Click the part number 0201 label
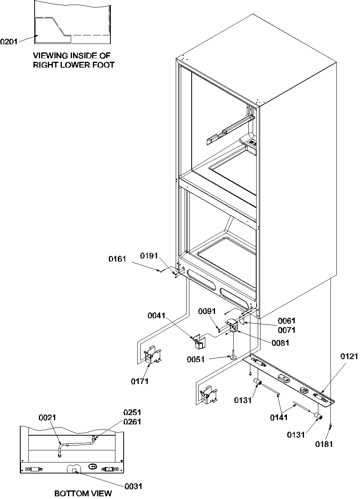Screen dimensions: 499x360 [x=9, y=42]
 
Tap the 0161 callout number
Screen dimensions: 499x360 [x=117, y=258]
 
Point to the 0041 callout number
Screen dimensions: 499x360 [x=156, y=316]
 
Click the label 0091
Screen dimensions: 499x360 [x=206, y=311]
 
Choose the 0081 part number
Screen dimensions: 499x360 [x=281, y=343]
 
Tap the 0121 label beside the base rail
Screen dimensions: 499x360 [x=349, y=356]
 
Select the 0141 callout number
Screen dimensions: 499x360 [x=280, y=417]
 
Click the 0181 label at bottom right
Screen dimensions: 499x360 [x=324, y=444]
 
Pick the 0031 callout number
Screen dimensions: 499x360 [x=133, y=486]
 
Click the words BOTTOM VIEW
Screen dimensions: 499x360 [x=83, y=493]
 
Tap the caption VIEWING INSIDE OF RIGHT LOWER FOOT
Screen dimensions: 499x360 [x=73, y=61]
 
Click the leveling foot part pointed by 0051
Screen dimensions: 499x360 [x=232, y=356]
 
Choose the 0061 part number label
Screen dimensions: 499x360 [x=287, y=321]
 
